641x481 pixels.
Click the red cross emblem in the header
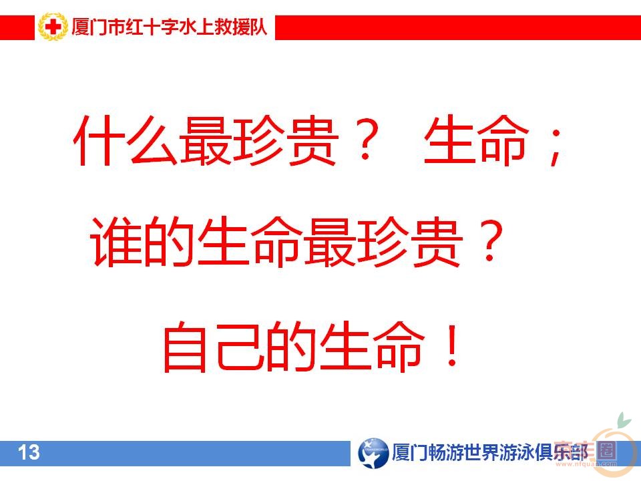pyautogui.click(x=52, y=28)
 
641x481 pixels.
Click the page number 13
pyautogui.click(x=29, y=453)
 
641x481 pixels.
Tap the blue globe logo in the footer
pyautogui.click(x=372, y=453)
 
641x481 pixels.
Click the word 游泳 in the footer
pyautogui.click(x=513, y=453)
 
